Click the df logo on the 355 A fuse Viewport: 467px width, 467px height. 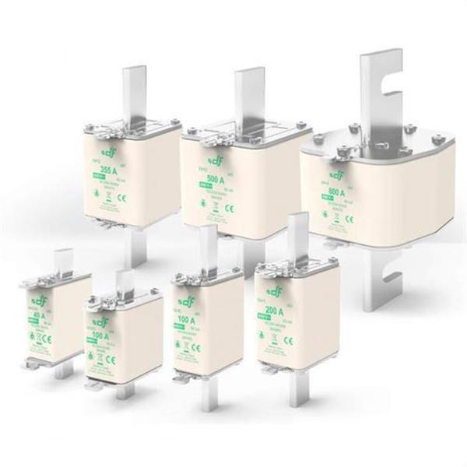pos(110,153)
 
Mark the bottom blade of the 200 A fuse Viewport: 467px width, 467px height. pos(298,389)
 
